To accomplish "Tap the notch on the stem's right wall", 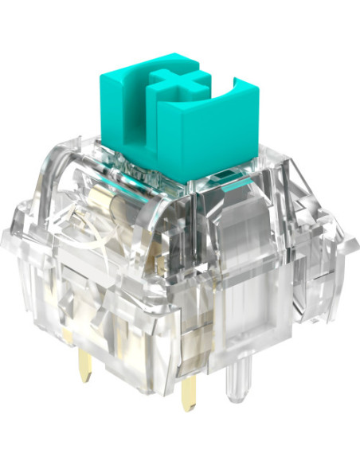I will (239, 84).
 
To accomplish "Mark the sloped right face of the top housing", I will (271, 199).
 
